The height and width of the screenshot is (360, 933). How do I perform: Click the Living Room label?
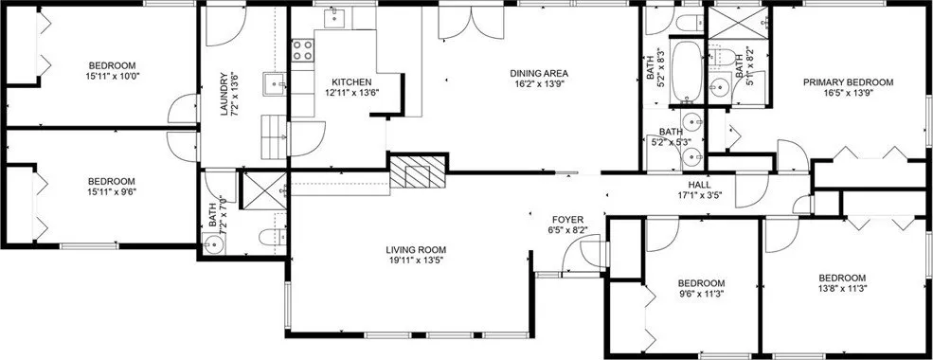coord(416,250)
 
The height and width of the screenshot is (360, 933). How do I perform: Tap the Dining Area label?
coord(539,74)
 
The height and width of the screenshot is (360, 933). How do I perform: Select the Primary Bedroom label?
coord(848,82)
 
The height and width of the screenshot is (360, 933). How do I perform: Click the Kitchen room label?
coord(351,82)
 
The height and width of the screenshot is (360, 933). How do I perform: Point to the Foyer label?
coord(567,220)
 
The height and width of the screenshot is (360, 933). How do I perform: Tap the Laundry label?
coord(224,94)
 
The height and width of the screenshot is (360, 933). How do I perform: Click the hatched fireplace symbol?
coord(418,172)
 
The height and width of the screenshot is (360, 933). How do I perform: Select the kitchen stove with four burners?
coord(302,50)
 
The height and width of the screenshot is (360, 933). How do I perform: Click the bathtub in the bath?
coord(687,70)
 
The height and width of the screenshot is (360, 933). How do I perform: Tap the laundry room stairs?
coord(275,137)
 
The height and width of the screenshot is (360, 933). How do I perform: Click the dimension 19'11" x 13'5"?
coord(416,260)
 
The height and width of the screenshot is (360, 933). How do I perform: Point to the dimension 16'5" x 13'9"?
coord(848,93)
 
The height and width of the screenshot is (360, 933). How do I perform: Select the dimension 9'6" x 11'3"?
coord(702,294)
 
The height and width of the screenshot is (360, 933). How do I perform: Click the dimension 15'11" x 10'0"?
coord(113,76)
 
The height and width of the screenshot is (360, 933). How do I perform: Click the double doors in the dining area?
coord(472,23)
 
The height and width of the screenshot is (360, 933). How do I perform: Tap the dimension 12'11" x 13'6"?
coord(351,92)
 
